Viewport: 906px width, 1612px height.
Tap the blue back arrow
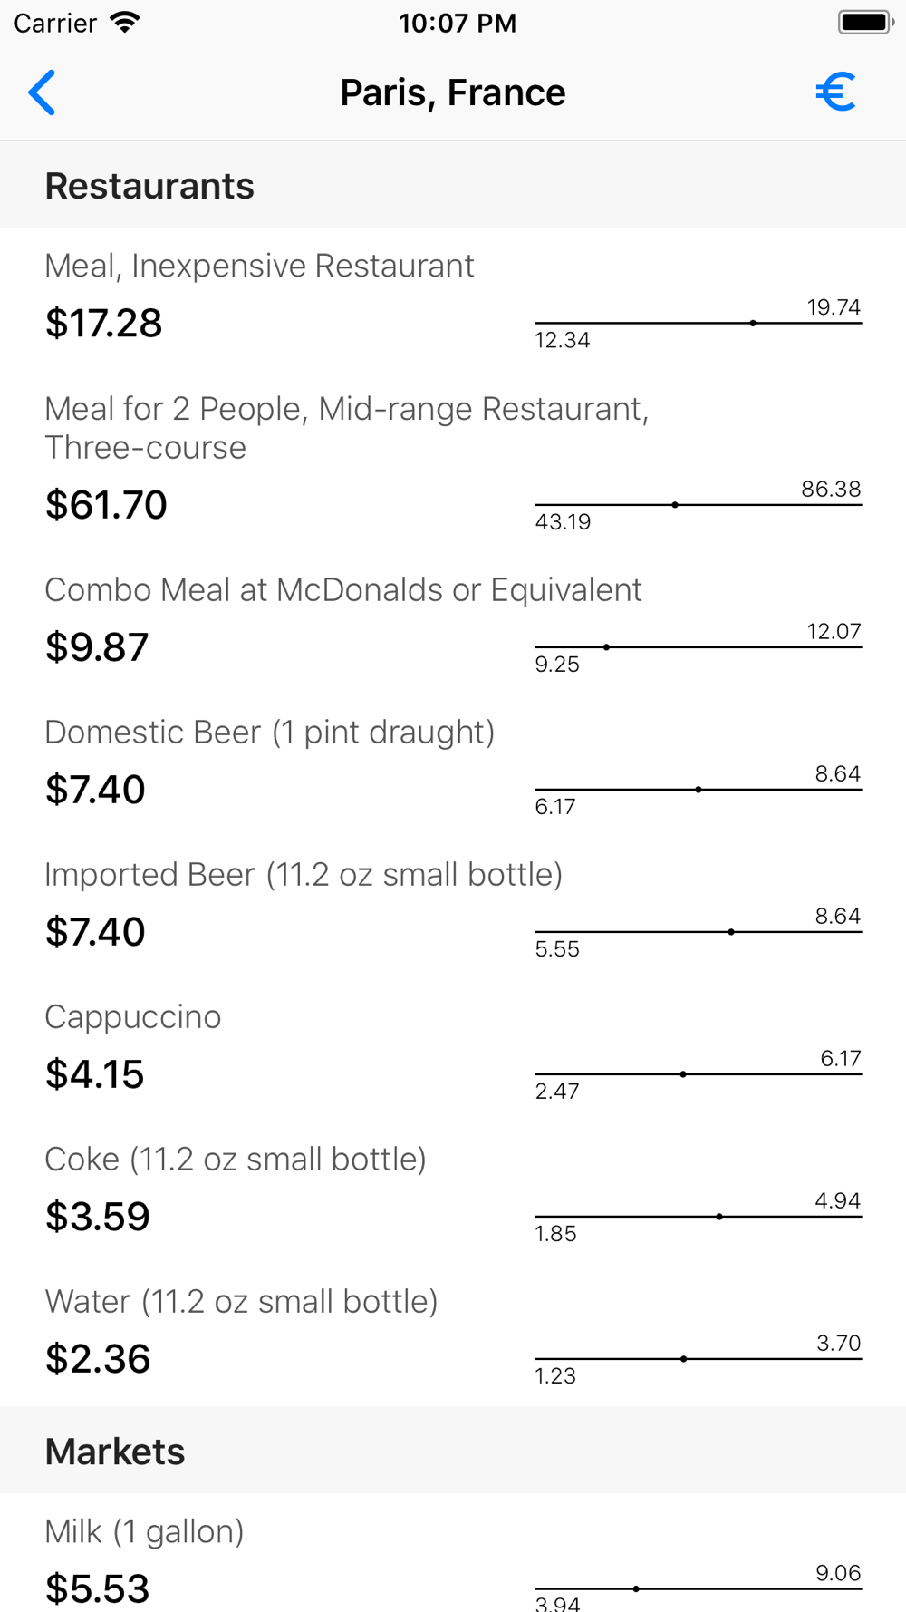[x=42, y=92]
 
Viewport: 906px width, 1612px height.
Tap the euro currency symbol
[x=835, y=92]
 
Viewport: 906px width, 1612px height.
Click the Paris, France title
[x=452, y=92]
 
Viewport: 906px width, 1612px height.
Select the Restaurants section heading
[x=149, y=186]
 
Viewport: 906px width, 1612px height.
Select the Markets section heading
[x=115, y=1452]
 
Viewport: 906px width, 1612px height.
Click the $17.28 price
[x=104, y=323]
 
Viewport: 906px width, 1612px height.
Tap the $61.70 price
[x=107, y=505]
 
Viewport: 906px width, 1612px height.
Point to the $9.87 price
[x=97, y=647]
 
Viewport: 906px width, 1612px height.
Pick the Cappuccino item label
[x=133, y=1017]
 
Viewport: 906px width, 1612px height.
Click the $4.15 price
[x=95, y=1074]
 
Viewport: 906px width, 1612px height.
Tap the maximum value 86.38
[x=831, y=490]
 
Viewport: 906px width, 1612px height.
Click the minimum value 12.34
[x=563, y=340]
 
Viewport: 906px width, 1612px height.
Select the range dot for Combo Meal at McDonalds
[x=606, y=647]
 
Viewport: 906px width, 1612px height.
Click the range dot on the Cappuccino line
[x=683, y=1074]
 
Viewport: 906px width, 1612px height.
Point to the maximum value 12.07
[x=834, y=632]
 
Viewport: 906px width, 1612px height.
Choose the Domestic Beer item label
[x=270, y=733]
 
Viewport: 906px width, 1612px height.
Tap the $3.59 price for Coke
[x=98, y=1217]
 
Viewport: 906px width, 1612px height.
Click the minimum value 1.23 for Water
[x=555, y=1376]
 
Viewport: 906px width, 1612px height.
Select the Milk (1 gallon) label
[x=145, y=1531]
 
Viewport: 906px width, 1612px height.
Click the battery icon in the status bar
[x=864, y=23]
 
